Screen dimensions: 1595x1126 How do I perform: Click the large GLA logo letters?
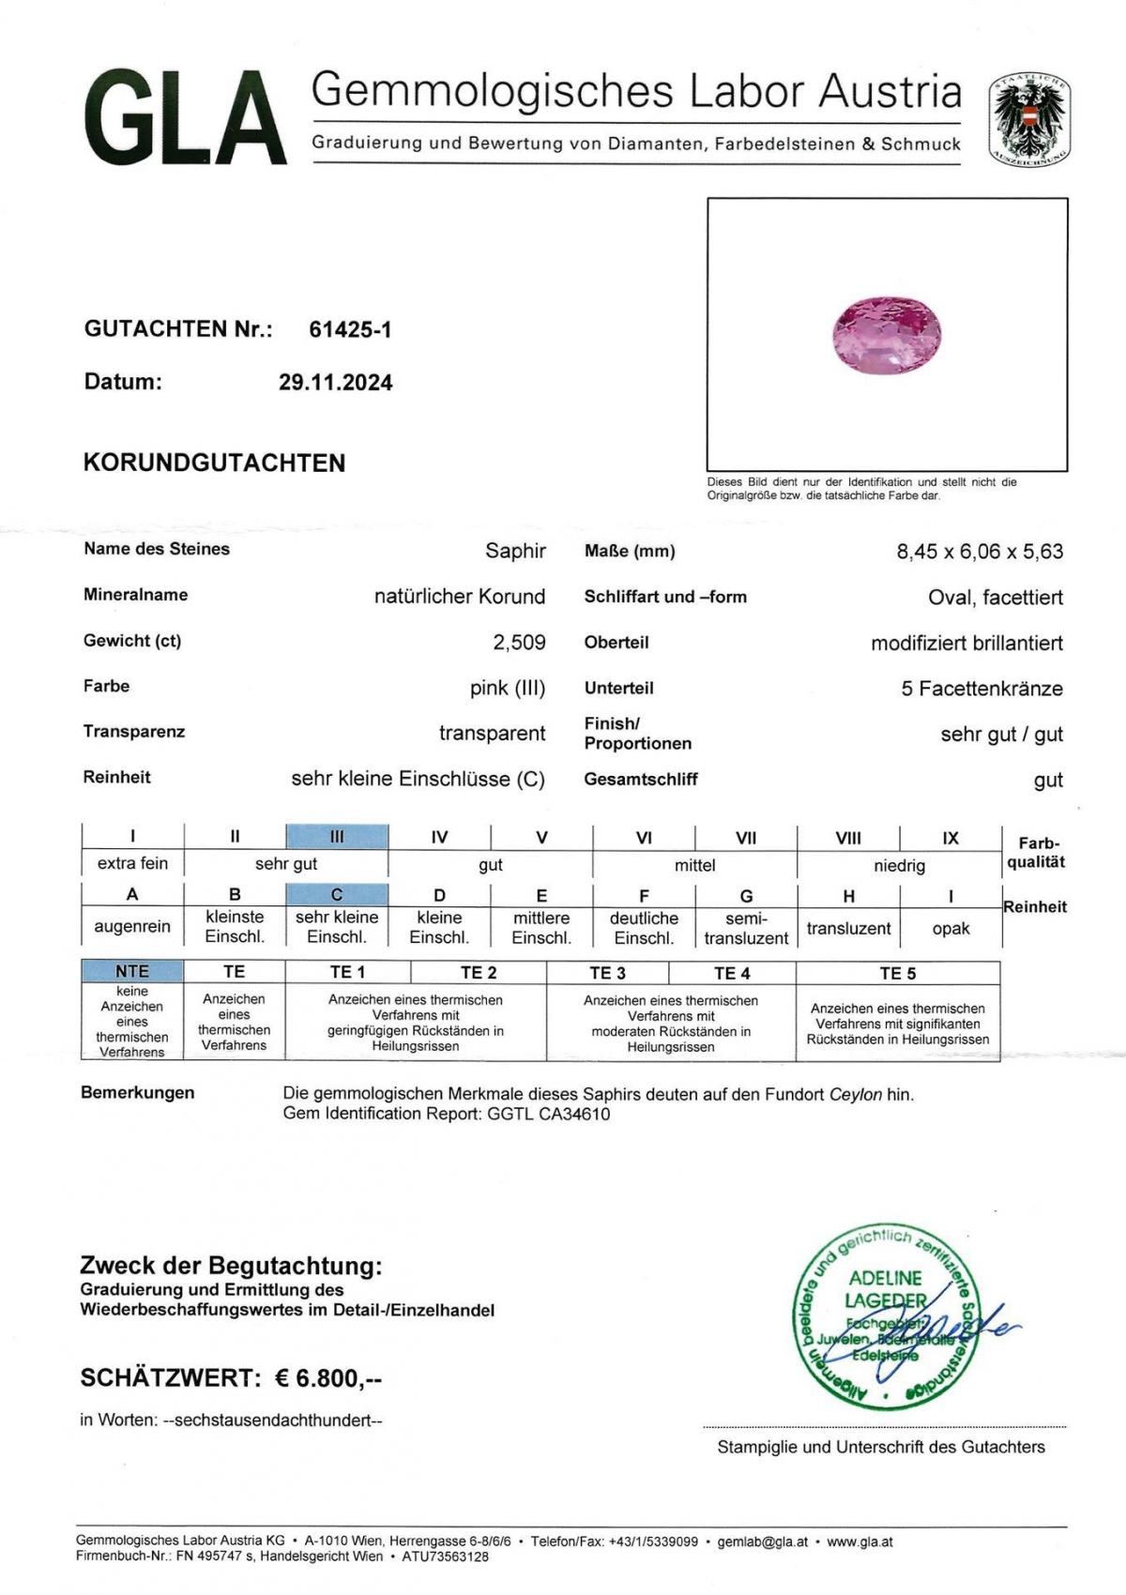184,118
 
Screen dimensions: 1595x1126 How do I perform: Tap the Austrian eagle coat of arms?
1029,120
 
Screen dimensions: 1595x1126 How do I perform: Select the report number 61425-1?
350,329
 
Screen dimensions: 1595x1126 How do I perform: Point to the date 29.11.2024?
335,383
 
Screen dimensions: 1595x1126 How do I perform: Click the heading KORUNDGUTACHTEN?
214,463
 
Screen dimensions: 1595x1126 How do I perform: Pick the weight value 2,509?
519,642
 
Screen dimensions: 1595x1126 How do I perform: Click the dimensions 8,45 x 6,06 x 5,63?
980,552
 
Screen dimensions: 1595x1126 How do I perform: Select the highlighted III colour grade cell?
337,837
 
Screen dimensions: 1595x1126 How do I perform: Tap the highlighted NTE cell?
132,971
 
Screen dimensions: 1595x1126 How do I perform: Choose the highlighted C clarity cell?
337,894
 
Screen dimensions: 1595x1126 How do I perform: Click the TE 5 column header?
897,973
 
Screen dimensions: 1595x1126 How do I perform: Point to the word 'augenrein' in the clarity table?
132,926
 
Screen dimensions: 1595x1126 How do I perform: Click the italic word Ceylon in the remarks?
855,1094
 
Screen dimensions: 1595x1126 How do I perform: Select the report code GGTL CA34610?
548,1114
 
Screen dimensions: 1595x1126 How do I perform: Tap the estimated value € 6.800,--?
328,1378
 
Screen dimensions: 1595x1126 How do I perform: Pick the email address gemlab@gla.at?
762,1542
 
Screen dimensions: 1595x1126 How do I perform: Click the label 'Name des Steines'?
157,549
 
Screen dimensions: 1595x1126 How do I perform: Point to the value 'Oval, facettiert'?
995,598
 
